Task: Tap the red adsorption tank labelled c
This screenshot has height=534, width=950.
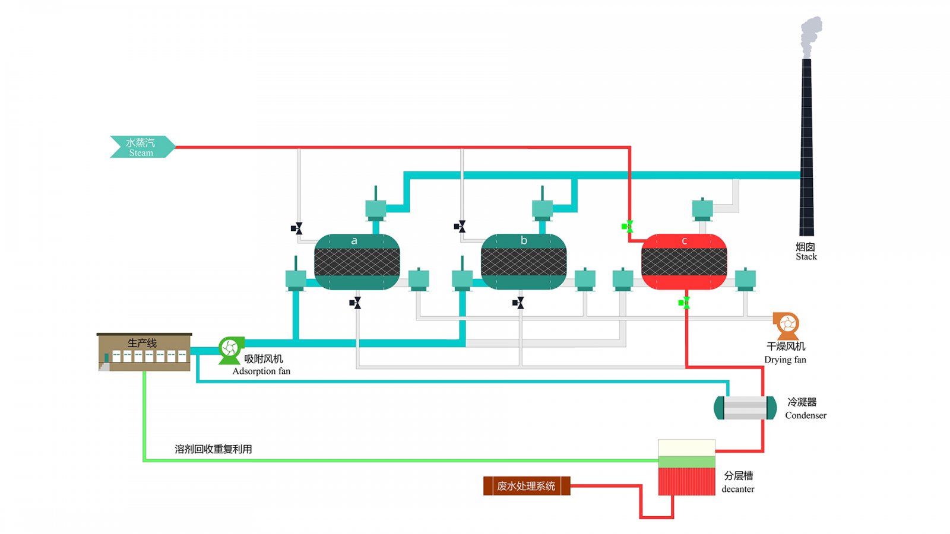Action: pyautogui.click(x=684, y=262)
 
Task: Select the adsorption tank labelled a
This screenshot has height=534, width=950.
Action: pyautogui.click(x=357, y=262)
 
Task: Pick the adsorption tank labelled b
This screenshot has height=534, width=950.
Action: pyautogui.click(x=524, y=262)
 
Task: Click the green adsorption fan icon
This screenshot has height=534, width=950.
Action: pyautogui.click(x=230, y=349)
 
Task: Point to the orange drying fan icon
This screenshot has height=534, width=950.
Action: pyautogui.click(x=787, y=325)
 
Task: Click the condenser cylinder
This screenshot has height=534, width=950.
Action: pyautogui.click(x=745, y=408)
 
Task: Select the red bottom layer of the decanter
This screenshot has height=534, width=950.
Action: pyautogui.click(x=686, y=481)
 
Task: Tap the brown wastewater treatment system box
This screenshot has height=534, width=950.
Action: pyautogui.click(x=526, y=486)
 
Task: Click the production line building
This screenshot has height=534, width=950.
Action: pyautogui.click(x=144, y=352)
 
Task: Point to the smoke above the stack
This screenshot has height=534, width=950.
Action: pyautogui.click(x=810, y=34)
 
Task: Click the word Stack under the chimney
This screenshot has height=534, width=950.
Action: pyautogui.click(x=806, y=257)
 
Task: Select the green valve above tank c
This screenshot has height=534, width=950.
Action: pyautogui.click(x=628, y=226)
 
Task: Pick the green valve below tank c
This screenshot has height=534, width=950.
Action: pyautogui.click(x=685, y=303)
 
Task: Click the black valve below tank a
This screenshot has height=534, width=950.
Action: pyautogui.click(x=355, y=303)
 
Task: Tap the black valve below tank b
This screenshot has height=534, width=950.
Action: pyautogui.click(x=518, y=303)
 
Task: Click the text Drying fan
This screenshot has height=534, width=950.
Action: pyautogui.click(x=785, y=360)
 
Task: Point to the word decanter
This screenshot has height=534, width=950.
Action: pyautogui.click(x=738, y=489)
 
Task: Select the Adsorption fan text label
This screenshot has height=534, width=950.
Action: pyautogui.click(x=261, y=371)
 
